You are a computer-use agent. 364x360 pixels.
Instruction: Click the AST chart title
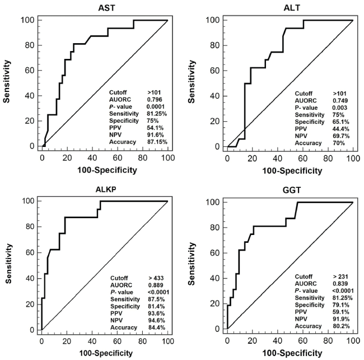point(104,5)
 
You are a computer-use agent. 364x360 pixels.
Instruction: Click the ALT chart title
point(290,5)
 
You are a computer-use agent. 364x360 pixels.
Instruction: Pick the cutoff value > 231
point(329,278)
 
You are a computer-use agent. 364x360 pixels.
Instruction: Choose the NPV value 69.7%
point(329,135)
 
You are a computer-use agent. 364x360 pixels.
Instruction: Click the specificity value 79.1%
point(329,307)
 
